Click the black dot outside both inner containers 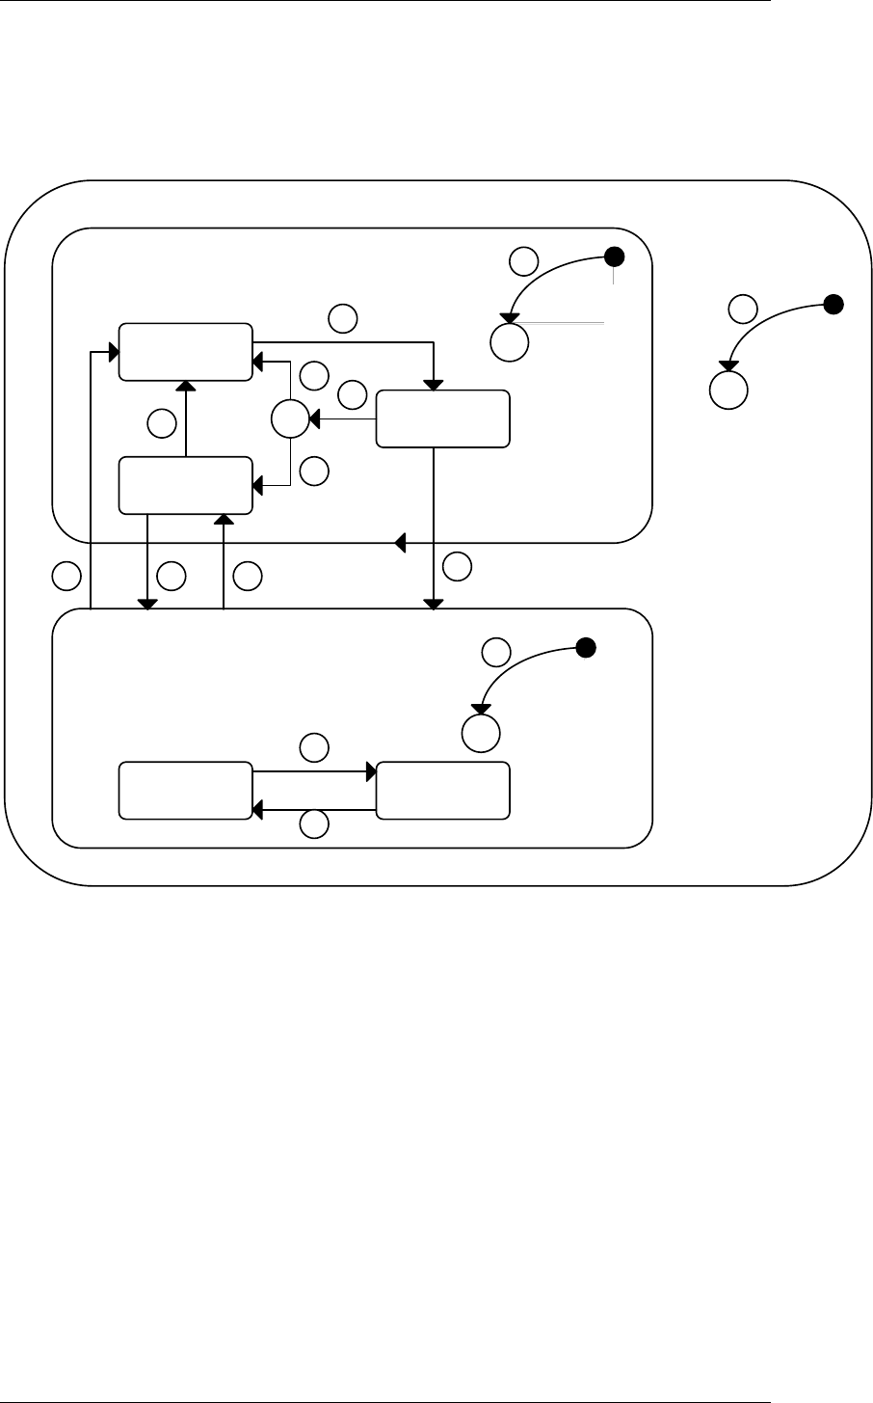(834, 305)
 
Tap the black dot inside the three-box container (614, 256)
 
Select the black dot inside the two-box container (584, 648)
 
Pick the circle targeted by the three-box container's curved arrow (508, 342)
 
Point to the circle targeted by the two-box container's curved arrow (481, 733)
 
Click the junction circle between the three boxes (289, 419)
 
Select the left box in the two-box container (185, 791)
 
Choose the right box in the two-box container (442, 791)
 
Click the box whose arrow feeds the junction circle (442, 418)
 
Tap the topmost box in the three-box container (185, 352)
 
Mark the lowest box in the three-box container (185, 486)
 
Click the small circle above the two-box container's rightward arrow (313, 746)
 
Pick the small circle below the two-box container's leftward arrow (313, 824)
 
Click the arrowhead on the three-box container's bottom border (400, 544)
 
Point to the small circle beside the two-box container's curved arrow (495, 652)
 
